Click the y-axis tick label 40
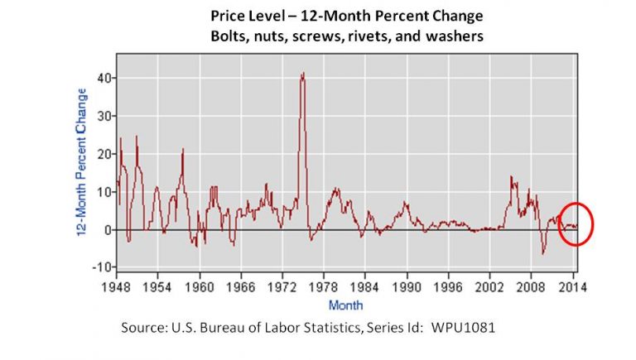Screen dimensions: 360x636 coord(107,78)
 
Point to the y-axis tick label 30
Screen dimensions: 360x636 coord(107,116)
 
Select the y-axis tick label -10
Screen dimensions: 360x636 coord(104,267)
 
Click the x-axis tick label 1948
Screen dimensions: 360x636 coord(116,287)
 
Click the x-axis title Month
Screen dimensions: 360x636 coord(344,304)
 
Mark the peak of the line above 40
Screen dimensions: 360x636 coord(303,73)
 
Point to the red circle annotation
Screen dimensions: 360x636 coord(576,223)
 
